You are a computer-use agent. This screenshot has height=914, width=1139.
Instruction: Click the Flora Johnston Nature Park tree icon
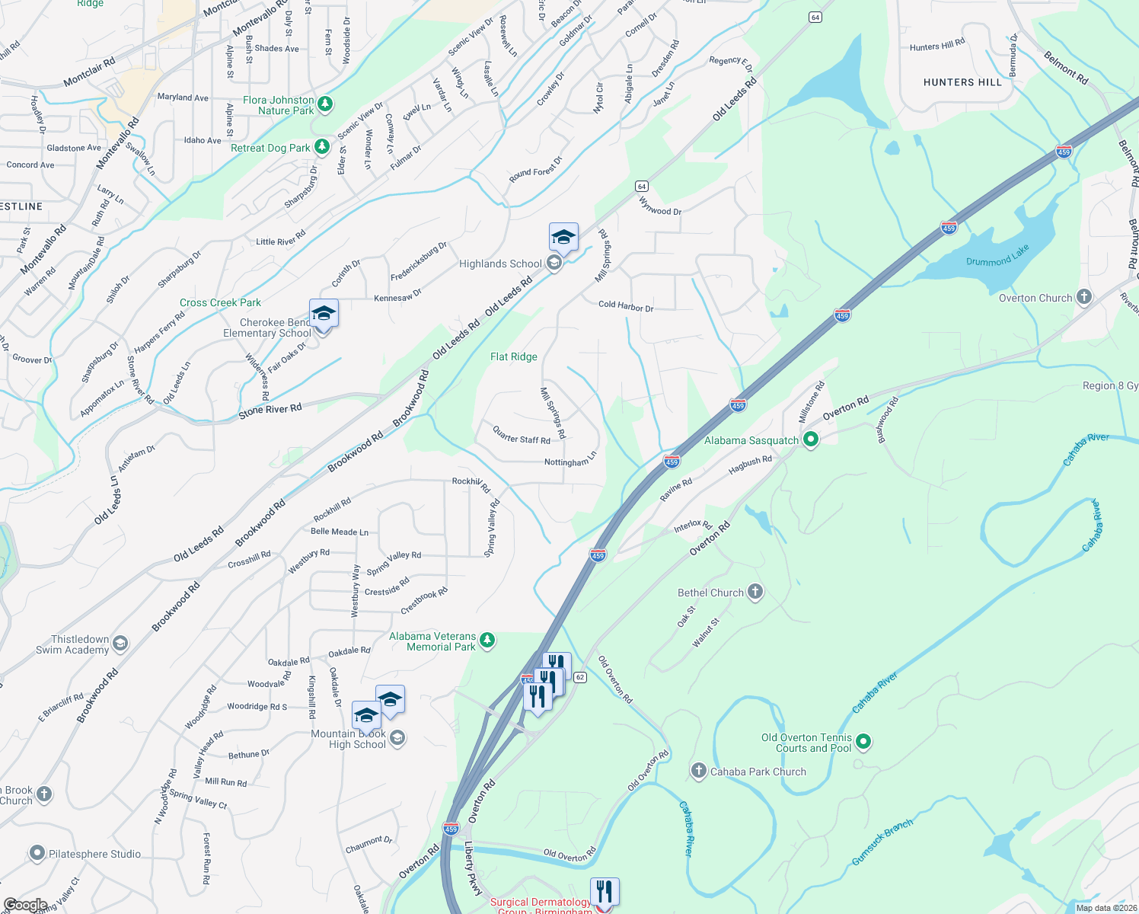tap(325, 103)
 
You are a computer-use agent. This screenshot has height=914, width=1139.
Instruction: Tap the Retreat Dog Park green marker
tap(322, 146)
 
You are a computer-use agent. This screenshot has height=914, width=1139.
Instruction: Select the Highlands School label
tap(500, 264)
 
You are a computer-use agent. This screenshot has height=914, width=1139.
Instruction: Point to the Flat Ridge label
tap(514, 356)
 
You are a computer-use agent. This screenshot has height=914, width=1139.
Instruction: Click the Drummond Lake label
tap(997, 256)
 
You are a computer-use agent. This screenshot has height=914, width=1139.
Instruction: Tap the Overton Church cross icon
tap(1084, 297)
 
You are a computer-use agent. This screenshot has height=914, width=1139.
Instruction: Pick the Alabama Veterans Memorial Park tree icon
tap(487, 641)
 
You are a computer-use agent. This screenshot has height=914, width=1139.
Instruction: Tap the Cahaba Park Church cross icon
tap(699, 771)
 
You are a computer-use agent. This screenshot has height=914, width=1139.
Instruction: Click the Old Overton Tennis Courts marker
tap(863, 740)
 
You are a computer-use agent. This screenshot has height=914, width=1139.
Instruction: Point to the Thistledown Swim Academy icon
tap(120, 644)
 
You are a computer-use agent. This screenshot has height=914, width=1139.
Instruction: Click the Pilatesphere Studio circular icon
tap(37, 853)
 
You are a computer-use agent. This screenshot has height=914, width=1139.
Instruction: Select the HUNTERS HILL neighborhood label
tap(962, 82)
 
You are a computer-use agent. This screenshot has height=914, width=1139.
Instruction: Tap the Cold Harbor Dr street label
tap(626, 306)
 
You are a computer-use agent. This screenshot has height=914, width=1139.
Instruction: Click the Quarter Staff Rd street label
tap(522, 435)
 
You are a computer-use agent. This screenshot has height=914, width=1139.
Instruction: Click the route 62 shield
tap(580, 677)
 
